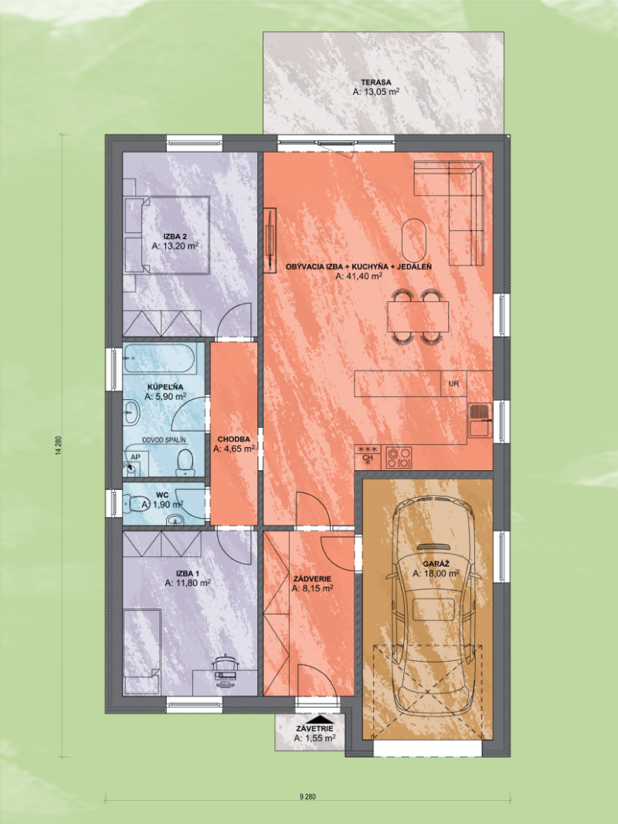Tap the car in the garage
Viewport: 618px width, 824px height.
432,610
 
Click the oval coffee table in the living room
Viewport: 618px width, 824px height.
415,240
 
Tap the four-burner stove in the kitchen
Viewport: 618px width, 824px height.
399,458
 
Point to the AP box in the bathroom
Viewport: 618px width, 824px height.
134,457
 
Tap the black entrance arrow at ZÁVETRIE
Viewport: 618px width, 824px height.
315,718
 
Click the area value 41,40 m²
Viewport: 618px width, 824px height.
360,276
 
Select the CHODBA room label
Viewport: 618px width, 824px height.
233,438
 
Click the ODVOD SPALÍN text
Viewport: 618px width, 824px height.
164,439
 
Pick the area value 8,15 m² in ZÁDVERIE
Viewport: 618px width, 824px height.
312,588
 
